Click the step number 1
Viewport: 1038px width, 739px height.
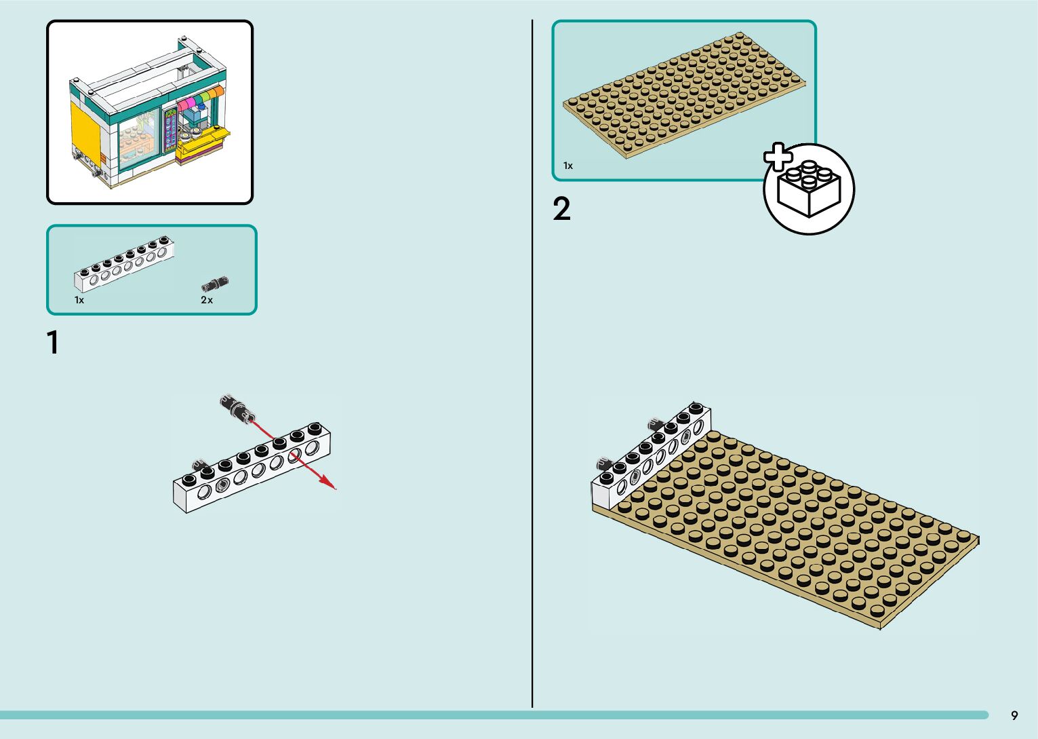tap(53, 343)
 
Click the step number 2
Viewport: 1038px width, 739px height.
tap(561, 209)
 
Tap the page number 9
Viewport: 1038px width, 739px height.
tap(1014, 715)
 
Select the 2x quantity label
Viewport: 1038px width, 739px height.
tap(207, 300)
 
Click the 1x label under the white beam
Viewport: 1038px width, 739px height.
tap(79, 300)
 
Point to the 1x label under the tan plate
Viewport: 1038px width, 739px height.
tap(568, 166)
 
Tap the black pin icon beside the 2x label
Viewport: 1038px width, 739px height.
tap(215, 284)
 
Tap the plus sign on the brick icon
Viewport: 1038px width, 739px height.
tap(778, 157)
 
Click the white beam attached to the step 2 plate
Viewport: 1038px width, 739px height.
tap(651, 451)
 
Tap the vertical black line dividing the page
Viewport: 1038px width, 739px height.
tap(532, 366)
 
